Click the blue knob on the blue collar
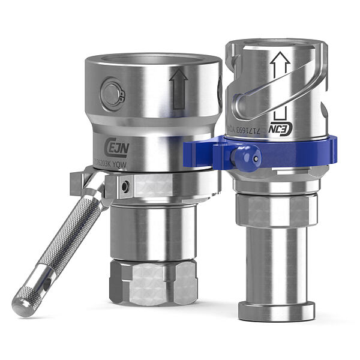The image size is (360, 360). coord(247,158)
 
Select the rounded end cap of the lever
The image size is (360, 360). coord(22,305)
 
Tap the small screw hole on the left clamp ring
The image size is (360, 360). coord(124,187)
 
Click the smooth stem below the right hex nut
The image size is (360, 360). coord(277,264)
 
